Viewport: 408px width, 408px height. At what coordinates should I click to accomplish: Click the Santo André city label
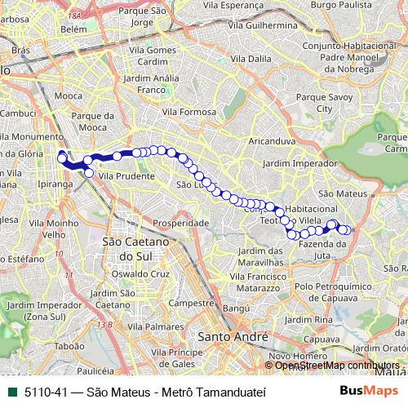pos(233,336)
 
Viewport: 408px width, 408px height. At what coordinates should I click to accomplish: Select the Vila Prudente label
pos(121,174)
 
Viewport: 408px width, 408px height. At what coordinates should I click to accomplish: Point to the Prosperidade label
pos(182,221)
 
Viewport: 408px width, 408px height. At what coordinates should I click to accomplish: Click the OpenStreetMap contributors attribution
pos(337,365)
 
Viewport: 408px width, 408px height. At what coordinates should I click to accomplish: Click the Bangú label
pos(235,308)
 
